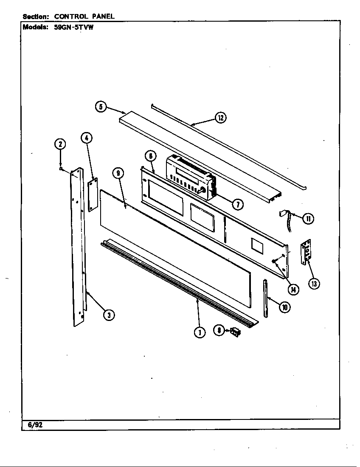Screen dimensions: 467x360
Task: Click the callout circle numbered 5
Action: (101, 107)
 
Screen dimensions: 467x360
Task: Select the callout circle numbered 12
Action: (220, 118)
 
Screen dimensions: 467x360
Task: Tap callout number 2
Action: (60, 144)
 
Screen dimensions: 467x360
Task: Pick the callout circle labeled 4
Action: (86, 138)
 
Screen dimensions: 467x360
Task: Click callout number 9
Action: (118, 173)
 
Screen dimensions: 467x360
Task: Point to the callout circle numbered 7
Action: (237, 204)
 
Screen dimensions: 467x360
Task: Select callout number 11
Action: (308, 218)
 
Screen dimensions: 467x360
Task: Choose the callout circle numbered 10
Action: (285, 307)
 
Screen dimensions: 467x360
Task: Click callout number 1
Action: (200, 332)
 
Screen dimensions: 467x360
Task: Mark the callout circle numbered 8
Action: (219, 330)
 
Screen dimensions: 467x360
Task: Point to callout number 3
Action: (109, 315)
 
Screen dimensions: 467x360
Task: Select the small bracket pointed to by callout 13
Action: (304, 254)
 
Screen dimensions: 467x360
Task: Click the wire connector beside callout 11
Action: (284, 216)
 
